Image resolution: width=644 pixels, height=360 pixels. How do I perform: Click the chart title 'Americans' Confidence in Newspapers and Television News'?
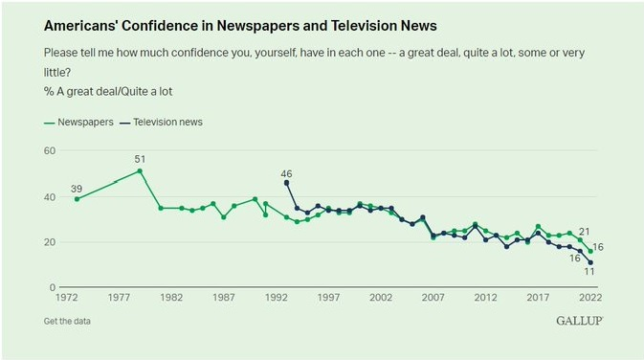(x=240, y=26)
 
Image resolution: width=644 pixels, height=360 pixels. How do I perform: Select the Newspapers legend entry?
(x=78, y=122)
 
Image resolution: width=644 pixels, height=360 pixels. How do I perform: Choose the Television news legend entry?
(x=161, y=122)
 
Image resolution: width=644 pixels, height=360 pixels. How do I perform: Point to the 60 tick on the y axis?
(x=50, y=151)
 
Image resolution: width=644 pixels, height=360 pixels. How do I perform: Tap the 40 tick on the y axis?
(x=50, y=197)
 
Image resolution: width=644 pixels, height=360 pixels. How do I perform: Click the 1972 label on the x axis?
(x=67, y=297)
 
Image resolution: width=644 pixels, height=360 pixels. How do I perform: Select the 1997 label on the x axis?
(x=328, y=297)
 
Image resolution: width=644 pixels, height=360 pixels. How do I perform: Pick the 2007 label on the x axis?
(x=433, y=297)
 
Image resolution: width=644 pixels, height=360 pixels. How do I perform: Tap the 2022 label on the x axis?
(x=590, y=297)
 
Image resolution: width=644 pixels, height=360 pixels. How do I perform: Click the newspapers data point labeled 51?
(x=140, y=171)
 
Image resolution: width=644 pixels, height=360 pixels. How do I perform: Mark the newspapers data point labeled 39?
(x=77, y=199)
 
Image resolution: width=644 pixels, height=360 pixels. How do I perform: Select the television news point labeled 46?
(x=286, y=183)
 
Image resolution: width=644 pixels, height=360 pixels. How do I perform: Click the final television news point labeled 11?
(x=590, y=262)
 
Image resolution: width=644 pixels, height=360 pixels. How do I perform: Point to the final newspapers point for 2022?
(x=590, y=251)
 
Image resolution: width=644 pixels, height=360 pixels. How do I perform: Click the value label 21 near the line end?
(x=584, y=232)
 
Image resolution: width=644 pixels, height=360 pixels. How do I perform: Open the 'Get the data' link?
(x=67, y=322)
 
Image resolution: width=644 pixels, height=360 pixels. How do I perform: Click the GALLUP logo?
(x=580, y=321)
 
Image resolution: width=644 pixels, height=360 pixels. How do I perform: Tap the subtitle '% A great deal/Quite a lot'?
(x=108, y=91)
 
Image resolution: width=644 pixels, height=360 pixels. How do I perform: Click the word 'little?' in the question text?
(x=57, y=73)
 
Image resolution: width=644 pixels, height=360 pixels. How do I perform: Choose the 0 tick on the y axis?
(x=53, y=287)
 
